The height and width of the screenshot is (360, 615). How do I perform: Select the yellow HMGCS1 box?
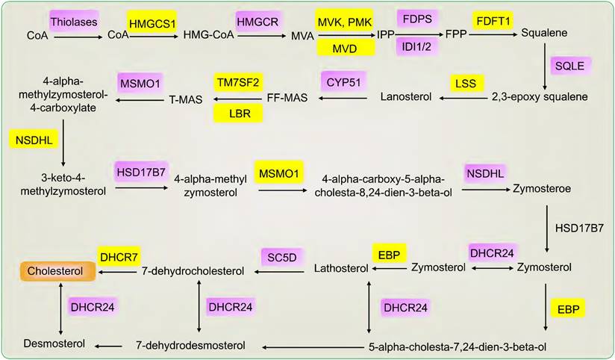tap(154, 25)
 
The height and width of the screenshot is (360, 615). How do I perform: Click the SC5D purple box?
tap(282, 256)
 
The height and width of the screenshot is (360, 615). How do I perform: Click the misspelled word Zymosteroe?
tap(542, 190)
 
